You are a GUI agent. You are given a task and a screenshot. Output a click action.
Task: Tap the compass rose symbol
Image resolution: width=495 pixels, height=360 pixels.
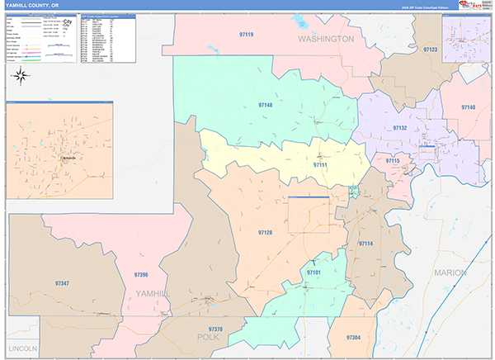click(21, 78)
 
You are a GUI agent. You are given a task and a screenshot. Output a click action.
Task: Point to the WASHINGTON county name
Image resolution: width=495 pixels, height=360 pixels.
click(326, 39)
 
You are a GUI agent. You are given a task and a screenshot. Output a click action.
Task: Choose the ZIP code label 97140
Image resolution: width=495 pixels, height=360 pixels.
click(468, 107)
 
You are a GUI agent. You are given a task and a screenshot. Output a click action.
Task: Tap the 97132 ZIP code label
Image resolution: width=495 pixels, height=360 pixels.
click(399, 129)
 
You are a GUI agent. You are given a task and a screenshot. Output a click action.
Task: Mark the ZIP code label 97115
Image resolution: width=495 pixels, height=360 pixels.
click(392, 161)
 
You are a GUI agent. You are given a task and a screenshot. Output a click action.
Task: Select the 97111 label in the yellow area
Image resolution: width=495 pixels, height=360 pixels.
click(319, 165)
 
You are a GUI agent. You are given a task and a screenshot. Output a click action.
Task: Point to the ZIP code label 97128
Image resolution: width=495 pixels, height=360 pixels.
click(264, 233)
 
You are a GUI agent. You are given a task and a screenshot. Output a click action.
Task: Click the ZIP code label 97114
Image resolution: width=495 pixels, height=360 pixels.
click(365, 244)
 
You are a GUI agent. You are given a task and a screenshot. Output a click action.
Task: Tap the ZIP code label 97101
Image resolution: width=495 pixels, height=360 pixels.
click(313, 272)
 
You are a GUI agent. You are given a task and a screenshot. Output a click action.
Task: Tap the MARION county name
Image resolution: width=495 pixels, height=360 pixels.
click(450, 272)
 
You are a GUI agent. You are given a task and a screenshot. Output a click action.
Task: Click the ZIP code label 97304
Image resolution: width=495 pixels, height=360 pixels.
click(353, 338)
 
